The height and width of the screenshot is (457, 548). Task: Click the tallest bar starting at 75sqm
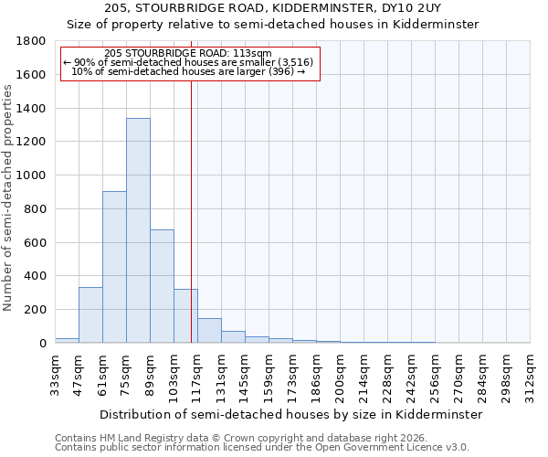[138, 230]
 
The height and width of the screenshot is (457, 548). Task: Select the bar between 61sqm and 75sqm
[114, 267]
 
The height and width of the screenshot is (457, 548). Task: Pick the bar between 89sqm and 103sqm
[162, 286]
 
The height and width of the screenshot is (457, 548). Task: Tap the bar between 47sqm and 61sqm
[90, 315]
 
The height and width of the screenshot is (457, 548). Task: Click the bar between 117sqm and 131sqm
[209, 331]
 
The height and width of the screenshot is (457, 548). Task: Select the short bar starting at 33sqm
[67, 340]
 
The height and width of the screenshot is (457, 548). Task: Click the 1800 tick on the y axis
[32, 41]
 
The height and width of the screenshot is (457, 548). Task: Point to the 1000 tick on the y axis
[32, 175]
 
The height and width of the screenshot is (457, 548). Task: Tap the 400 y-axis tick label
[36, 276]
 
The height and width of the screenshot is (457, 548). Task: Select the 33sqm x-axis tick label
[56, 374]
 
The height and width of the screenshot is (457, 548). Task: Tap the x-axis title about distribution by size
[290, 414]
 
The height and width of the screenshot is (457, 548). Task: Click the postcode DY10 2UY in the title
[407, 7]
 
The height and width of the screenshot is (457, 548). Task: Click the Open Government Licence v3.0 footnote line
[262, 448]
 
